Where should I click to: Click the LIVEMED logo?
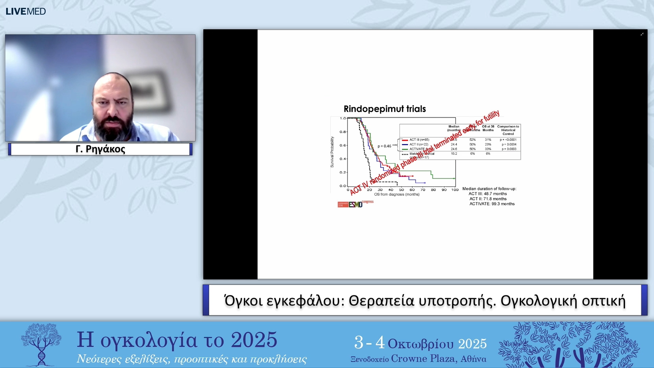26,11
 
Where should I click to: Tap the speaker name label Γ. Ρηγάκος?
100,149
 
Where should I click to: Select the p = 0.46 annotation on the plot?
384,146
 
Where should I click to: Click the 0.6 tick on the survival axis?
343,145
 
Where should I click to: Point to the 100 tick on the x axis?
455,190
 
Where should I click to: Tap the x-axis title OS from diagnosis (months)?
397,195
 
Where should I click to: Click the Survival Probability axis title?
332,152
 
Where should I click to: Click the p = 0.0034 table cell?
509,144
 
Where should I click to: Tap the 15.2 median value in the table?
454,154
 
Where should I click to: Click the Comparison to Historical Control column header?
508,130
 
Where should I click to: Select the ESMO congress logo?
355,204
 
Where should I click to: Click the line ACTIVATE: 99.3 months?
492,204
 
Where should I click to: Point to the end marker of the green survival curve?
454,179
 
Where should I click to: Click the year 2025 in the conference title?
254,340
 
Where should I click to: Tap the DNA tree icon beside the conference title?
41,344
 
